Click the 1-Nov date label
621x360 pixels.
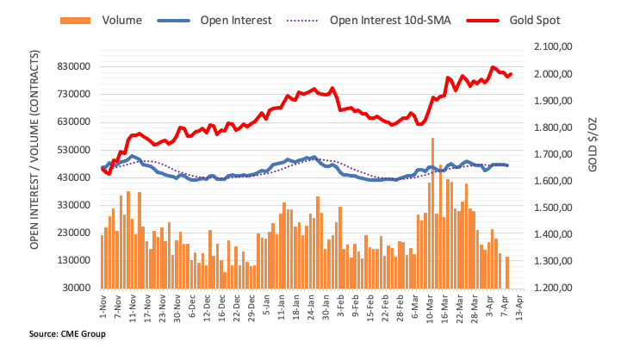(x=102, y=308)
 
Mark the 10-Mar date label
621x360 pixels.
(x=427, y=308)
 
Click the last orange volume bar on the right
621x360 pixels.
(x=507, y=271)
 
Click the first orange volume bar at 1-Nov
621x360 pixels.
(x=102, y=261)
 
